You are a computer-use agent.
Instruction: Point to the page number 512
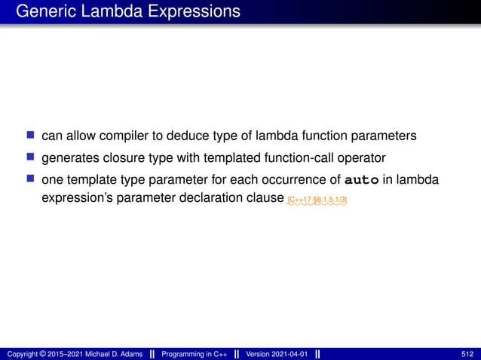(467, 354)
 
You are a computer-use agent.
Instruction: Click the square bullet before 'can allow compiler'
(30, 136)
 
